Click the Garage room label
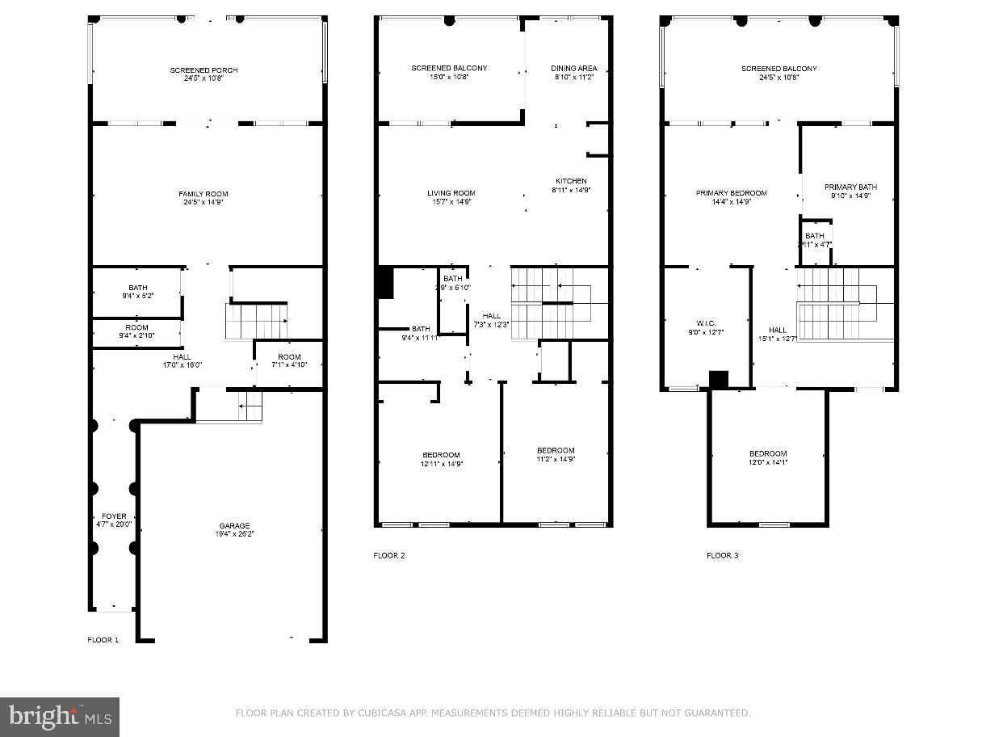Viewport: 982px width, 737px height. (x=234, y=529)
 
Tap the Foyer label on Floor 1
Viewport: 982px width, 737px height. (x=114, y=520)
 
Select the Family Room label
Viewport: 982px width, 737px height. (x=204, y=198)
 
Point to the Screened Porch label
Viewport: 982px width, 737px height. (x=204, y=74)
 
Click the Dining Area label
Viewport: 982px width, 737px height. (x=574, y=73)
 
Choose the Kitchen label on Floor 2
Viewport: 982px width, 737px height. (x=571, y=185)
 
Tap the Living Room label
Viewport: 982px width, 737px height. (x=451, y=197)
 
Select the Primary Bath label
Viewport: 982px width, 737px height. (x=850, y=191)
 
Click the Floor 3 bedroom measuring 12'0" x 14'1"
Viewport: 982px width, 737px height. (x=767, y=458)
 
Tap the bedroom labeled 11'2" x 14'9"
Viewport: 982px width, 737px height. (x=556, y=454)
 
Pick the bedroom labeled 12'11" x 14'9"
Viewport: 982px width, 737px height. (x=441, y=459)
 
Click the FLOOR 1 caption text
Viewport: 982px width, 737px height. (x=103, y=640)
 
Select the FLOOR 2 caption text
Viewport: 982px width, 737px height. (x=389, y=555)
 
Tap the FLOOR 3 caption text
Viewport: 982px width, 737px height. (x=722, y=555)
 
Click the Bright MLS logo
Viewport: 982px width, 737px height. (x=60, y=716)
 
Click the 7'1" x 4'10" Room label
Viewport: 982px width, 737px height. (x=289, y=361)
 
